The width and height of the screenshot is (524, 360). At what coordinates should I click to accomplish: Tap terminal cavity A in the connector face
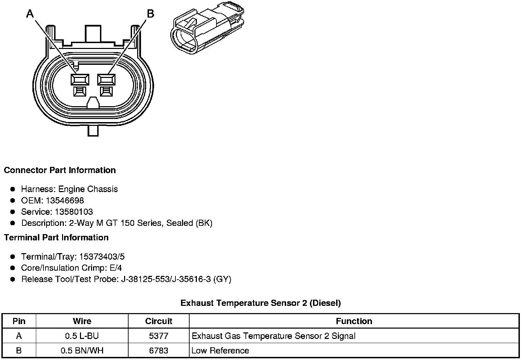pos(80,80)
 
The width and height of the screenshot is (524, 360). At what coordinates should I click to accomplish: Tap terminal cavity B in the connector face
pos(106,80)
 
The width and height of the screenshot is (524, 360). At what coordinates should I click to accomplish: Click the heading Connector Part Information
pos(60,170)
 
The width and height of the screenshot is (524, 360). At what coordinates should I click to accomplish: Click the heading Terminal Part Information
pos(56,238)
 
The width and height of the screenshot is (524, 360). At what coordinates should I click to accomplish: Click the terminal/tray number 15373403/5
pos(102,257)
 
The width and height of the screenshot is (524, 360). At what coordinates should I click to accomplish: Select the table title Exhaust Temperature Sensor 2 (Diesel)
pos(261,303)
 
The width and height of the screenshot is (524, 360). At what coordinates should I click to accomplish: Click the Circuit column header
pos(159,321)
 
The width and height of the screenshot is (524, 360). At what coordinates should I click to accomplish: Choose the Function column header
pos(354,321)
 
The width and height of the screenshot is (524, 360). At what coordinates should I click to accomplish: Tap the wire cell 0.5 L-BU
pos(82,336)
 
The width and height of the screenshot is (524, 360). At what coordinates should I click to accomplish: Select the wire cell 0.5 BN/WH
pos(82,351)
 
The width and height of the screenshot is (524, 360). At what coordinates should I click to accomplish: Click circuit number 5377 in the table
pos(159,336)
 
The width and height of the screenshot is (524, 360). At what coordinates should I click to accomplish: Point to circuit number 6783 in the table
pos(159,351)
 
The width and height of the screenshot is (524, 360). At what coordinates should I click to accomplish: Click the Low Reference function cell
pos(220,351)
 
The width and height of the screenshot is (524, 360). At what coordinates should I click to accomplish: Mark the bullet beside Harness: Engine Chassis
pos(13,189)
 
